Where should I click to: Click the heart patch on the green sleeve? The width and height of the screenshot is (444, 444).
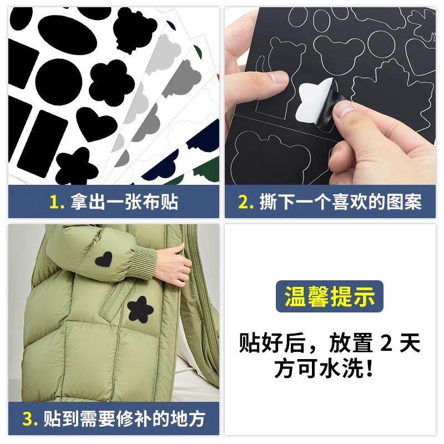[104, 259]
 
